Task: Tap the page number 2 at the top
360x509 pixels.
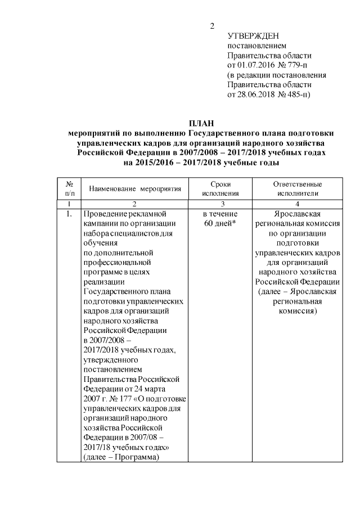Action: tap(212, 26)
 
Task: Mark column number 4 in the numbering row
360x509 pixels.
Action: tap(297, 203)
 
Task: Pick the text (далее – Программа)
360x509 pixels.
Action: tap(120, 457)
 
